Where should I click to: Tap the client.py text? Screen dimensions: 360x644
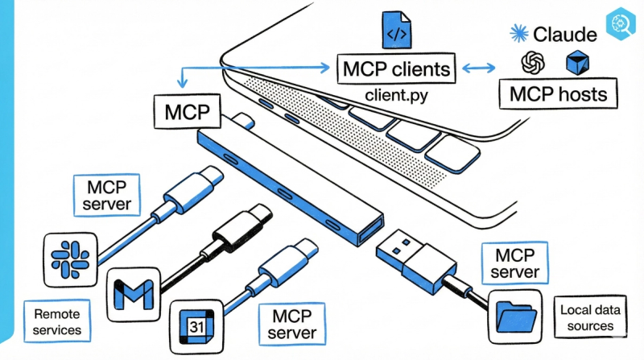394,94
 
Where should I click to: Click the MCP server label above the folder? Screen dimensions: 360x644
514,263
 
